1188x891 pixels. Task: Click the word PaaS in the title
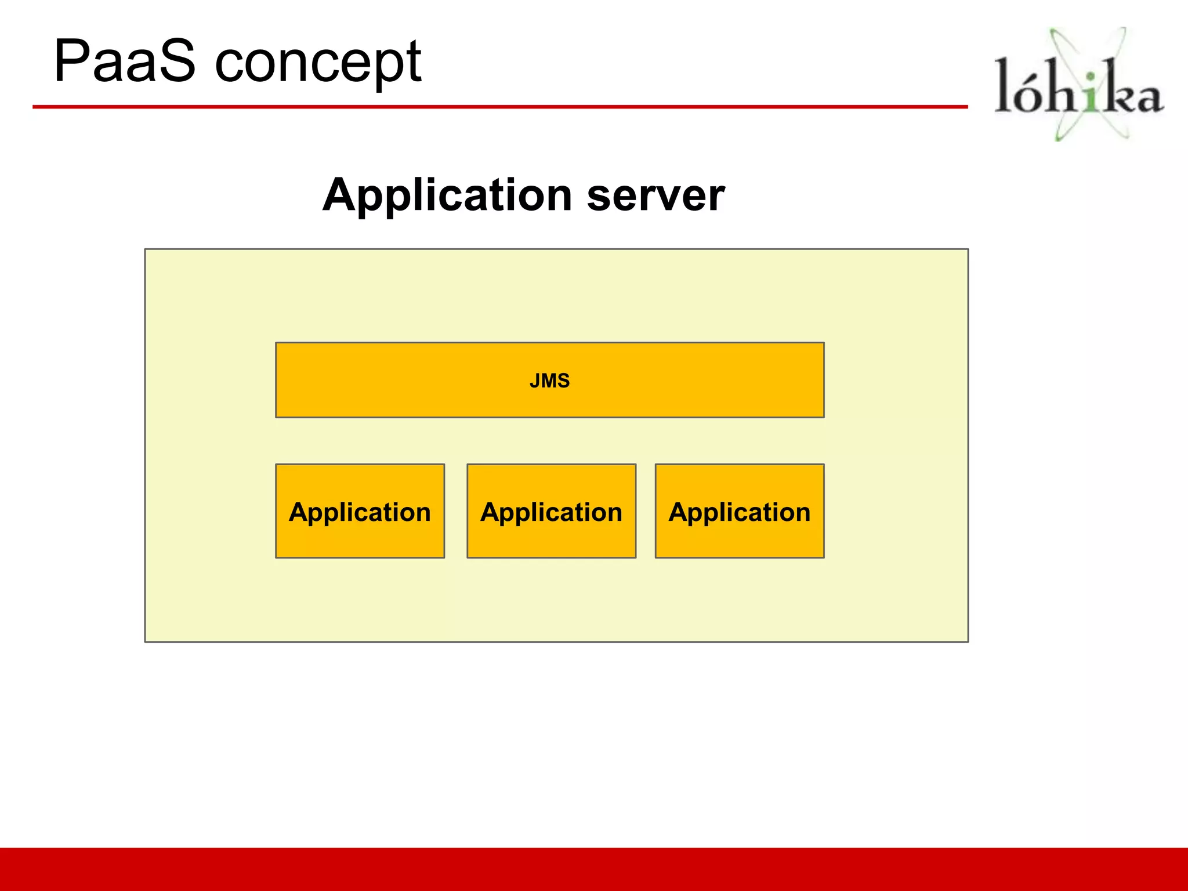pos(124,61)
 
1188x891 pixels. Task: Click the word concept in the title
pos(318,63)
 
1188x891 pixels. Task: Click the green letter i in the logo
pos(1091,93)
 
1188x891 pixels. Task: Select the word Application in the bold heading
pos(447,195)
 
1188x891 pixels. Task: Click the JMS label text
pos(549,381)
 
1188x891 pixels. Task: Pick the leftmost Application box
pos(360,511)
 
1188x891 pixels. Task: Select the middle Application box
pos(551,511)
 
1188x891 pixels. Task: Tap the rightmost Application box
pos(739,511)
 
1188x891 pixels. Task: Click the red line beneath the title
pos(499,107)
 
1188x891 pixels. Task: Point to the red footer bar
pos(594,869)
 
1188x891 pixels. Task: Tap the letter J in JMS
pos(534,381)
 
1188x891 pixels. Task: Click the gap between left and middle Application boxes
pos(456,511)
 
